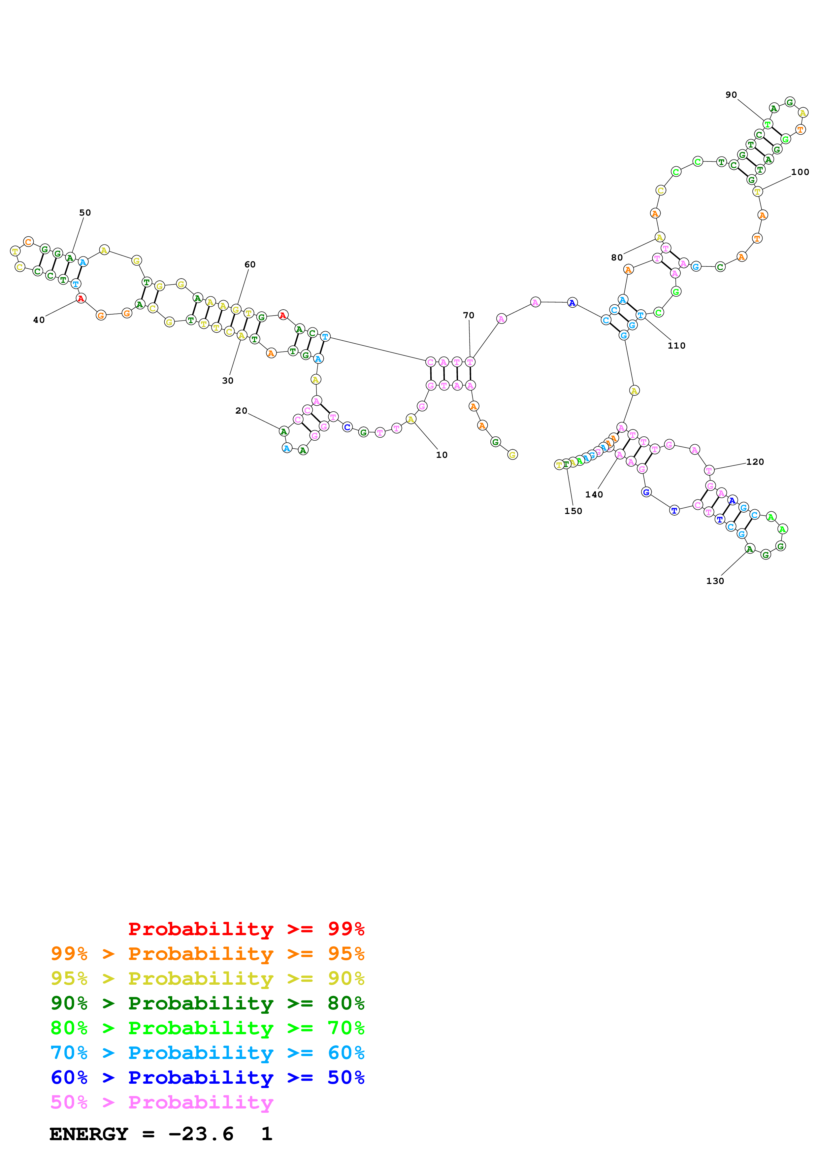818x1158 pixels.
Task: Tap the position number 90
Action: coord(731,95)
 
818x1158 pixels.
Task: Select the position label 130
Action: coord(715,581)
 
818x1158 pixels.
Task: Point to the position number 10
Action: coord(442,455)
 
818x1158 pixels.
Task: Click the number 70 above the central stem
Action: coord(469,315)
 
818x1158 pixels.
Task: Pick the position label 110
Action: coord(676,346)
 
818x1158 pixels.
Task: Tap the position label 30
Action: coord(228,381)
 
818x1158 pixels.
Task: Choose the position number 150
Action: coord(573,511)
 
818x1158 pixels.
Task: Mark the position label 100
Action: coord(800,172)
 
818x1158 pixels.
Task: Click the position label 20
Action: coord(242,411)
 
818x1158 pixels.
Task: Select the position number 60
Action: coord(250,264)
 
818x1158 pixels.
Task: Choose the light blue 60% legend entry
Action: coord(208,1053)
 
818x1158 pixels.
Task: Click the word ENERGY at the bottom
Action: coord(89,1134)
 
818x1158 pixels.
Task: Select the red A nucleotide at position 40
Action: coord(81,299)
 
